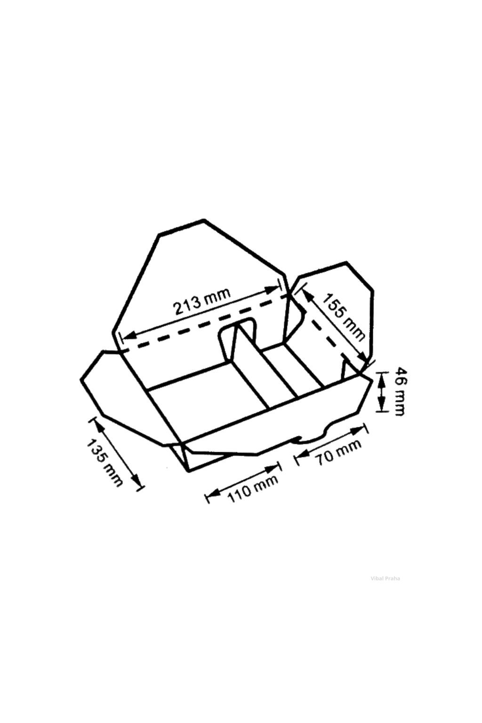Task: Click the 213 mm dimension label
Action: coord(202,301)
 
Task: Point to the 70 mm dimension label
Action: coord(339,452)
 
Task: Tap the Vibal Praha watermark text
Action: coord(386,578)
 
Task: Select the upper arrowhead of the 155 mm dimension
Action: coord(306,294)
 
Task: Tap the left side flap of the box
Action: coord(122,395)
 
